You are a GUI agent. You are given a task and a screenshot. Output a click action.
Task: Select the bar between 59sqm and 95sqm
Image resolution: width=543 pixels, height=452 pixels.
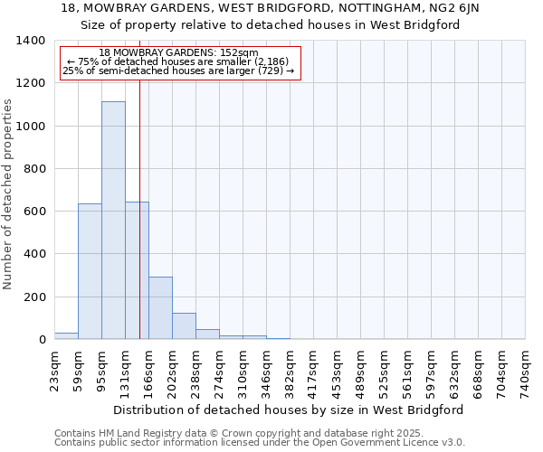tap(90, 271)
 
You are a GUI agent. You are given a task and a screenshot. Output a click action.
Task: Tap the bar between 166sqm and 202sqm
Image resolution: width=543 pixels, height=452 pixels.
tap(160, 307)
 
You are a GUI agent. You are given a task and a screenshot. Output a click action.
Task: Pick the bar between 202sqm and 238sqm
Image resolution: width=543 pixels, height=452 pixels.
tap(184, 325)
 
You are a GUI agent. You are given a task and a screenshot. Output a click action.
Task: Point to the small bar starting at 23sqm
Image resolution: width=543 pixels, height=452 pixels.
tap(66, 335)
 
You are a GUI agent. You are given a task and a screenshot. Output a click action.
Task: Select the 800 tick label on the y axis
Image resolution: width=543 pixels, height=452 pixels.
tap(34, 168)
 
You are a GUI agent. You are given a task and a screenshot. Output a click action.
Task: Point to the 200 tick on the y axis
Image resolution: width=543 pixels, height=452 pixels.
tap(34, 297)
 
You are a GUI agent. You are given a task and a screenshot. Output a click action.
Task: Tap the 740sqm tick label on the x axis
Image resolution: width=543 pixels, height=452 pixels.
tap(525, 372)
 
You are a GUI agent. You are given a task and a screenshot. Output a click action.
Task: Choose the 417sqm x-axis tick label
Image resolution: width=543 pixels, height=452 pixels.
tap(313, 372)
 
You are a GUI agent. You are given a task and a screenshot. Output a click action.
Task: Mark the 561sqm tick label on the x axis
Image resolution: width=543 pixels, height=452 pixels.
tap(407, 372)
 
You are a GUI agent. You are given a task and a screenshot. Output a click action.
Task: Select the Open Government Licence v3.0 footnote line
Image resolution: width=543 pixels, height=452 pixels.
tap(259, 442)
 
